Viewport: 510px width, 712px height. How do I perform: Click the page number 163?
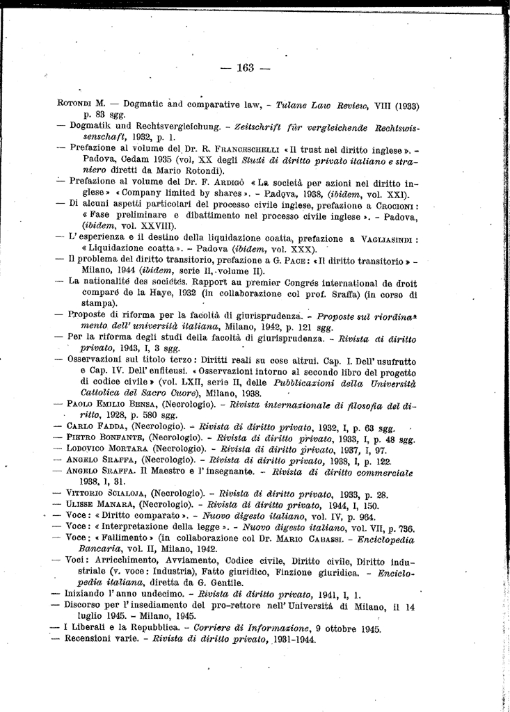(x=246, y=68)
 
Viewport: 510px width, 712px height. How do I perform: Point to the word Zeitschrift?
(x=223, y=127)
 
